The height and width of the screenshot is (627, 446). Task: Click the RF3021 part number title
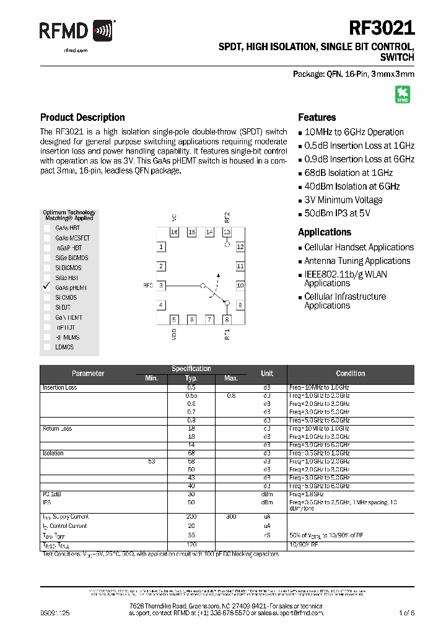coord(382,28)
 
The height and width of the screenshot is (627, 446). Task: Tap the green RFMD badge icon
coord(403,94)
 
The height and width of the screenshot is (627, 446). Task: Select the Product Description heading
coord(82,117)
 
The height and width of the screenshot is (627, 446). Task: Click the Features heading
coord(317,117)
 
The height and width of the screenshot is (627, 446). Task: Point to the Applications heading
coord(325,232)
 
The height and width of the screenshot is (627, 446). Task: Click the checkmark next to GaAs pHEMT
coord(46,287)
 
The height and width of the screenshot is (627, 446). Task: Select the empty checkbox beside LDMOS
coord(46,347)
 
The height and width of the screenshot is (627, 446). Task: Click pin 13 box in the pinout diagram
coord(227,232)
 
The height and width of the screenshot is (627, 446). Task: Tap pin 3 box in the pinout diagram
coord(161,286)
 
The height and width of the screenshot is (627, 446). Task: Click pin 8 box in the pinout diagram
coord(227,319)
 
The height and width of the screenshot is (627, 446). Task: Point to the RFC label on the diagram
coord(147,286)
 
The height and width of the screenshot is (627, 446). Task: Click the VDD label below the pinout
coord(174,335)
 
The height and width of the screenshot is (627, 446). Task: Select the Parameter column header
coord(88,374)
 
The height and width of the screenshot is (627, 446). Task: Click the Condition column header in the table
coord(351,374)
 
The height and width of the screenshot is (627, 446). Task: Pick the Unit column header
coord(267,374)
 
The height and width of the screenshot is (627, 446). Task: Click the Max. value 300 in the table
coord(231,517)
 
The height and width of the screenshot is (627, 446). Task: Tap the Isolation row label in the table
coord(53,454)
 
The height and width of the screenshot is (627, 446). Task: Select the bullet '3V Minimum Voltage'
coord(343,200)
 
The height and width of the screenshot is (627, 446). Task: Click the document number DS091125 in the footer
coord(56,613)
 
